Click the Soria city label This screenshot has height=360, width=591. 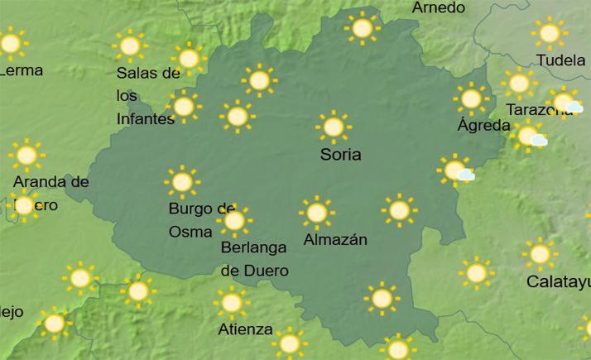[341, 155]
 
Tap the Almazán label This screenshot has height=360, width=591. [334, 240]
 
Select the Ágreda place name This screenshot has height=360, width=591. [483, 126]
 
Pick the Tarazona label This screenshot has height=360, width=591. [534, 109]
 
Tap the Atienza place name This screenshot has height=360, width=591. [245, 329]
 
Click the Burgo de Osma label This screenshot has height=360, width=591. [202, 219]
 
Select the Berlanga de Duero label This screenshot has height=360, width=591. [254, 258]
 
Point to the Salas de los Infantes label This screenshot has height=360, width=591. [147, 96]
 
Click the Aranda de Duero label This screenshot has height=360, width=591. [50, 192]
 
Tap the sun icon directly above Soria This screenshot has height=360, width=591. [333, 127]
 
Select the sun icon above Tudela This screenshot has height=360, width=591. [549, 33]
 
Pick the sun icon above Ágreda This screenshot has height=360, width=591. [471, 99]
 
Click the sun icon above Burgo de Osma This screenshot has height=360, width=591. [182, 181]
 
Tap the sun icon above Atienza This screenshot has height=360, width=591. [232, 303]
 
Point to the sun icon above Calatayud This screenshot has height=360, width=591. [540, 254]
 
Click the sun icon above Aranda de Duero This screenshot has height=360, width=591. [26, 155]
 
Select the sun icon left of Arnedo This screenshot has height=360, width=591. [362, 28]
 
